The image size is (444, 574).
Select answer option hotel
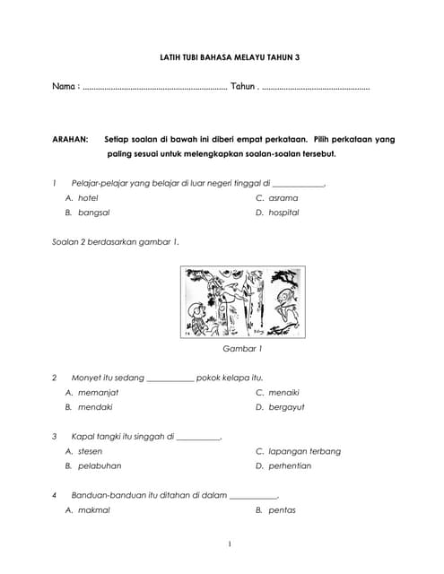pyautogui.click(x=88, y=197)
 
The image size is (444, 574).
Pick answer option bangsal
pyautogui.click(x=94, y=213)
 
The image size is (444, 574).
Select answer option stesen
pyautogui.click(x=91, y=451)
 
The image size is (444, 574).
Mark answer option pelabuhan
pyautogui.click(x=100, y=466)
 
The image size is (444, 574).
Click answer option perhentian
pyautogui.click(x=290, y=466)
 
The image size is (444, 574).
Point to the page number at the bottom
pyautogui.click(x=230, y=544)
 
